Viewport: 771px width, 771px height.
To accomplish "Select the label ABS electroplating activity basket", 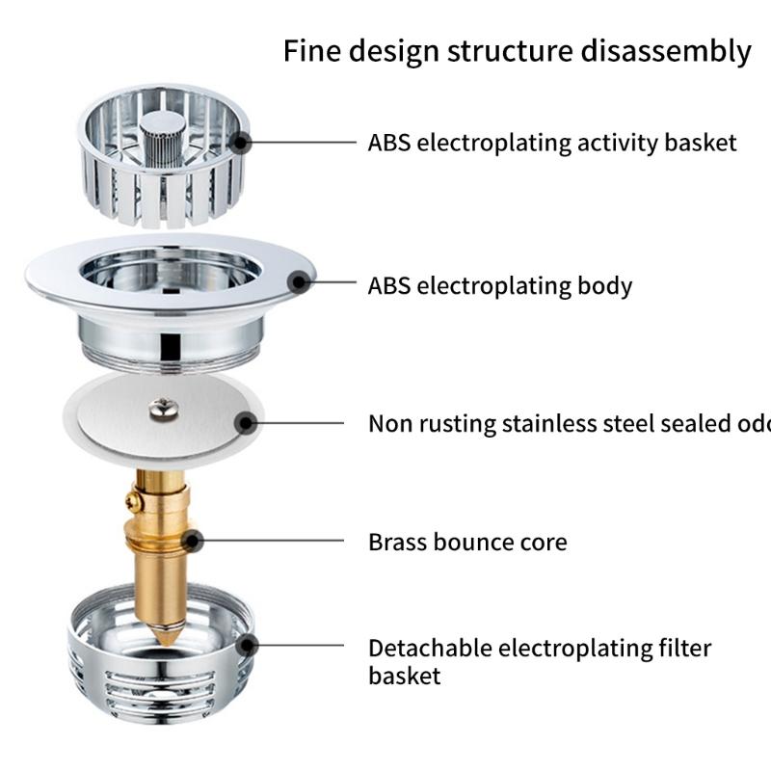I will pos(551,144).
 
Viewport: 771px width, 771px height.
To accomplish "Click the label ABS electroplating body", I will pos(499,286).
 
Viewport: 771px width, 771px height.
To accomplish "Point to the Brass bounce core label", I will pos(466,542).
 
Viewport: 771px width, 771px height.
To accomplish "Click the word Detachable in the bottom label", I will pos(429,648).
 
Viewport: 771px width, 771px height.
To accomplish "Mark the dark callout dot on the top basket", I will pos(240,143).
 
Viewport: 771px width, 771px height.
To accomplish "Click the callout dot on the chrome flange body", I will pos(300,283).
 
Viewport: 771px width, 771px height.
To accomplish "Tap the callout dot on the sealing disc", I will pos(247,422).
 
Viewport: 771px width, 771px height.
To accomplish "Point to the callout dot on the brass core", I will pos(191,540).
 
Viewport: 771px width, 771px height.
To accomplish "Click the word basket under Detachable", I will pos(404,676).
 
